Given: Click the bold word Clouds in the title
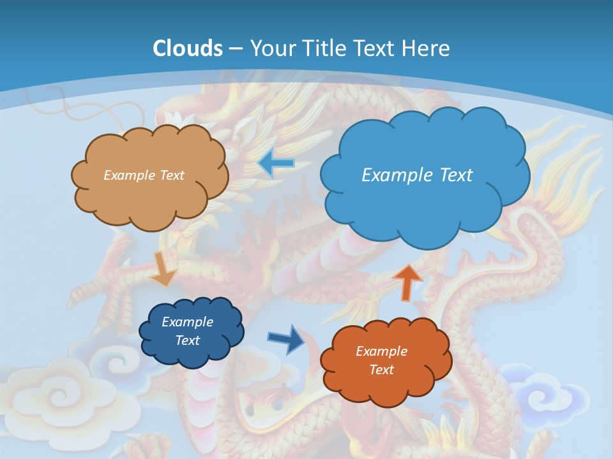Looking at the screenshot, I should click(x=188, y=48).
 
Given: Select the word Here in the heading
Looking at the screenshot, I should click(x=428, y=48).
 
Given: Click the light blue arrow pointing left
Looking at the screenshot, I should click(x=276, y=163).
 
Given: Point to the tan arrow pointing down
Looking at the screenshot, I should click(x=163, y=268).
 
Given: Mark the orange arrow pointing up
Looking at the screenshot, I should click(x=407, y=281).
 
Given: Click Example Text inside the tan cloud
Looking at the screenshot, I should click(x=144, y=175).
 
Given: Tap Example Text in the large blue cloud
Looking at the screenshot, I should click(x=417, y=175).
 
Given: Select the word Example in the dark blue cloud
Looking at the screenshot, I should click(x=187, y=322).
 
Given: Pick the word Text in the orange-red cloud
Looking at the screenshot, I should click(x=381, y=370).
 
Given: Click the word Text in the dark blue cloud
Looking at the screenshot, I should click(x=187, y=340).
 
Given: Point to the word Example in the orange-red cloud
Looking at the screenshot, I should click(x=381, y=351).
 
